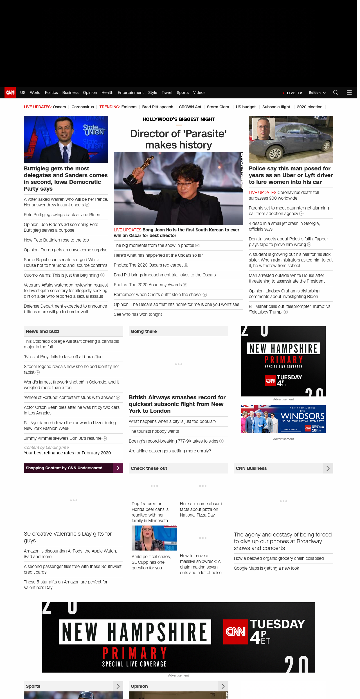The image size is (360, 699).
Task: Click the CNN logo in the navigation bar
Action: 10,93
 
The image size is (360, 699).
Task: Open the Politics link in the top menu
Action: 51,93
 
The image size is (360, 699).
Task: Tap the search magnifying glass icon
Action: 336,93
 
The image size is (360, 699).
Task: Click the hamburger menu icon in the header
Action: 349,93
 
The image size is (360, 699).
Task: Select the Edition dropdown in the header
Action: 317,93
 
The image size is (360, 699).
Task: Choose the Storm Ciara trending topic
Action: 218,107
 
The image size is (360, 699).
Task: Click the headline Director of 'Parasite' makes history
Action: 178,139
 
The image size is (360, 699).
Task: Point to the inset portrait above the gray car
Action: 264,129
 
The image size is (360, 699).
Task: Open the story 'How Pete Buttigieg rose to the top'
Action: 56,240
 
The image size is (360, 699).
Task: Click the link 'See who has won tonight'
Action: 138,314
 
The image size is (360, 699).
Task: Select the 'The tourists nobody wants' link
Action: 154,431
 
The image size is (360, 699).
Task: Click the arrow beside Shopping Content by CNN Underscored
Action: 118,468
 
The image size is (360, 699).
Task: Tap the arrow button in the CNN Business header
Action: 328,468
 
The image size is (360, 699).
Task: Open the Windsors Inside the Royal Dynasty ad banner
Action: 283,419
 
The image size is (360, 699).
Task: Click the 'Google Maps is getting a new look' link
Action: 266,568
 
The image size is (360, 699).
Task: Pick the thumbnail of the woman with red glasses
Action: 154,538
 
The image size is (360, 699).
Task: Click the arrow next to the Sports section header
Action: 118,686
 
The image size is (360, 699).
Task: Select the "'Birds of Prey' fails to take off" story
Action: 63,357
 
